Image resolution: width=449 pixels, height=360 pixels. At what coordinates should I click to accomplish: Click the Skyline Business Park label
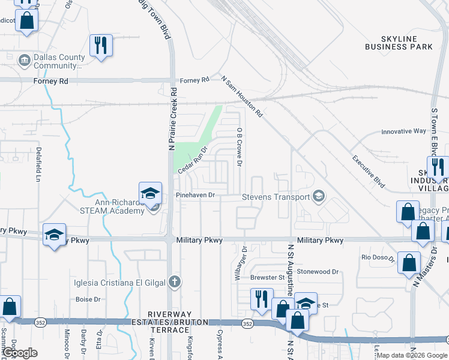(399, 43)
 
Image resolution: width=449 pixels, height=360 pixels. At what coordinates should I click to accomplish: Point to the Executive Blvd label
(368, 169)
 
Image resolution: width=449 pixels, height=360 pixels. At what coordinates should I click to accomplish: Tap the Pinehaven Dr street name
(195, 196)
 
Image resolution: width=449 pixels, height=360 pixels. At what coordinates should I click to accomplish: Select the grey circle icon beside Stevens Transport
(319, 196)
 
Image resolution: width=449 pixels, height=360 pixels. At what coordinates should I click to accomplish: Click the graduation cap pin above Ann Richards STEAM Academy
(150, 193)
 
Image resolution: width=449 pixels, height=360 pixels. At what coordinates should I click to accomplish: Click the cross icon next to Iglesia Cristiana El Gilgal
(174, 281)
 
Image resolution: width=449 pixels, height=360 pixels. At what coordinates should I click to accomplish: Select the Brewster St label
(268, 277)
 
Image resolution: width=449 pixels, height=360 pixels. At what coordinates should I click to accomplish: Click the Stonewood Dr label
(318, 271)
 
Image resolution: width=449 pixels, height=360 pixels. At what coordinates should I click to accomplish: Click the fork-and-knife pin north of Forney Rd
(100, 44)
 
